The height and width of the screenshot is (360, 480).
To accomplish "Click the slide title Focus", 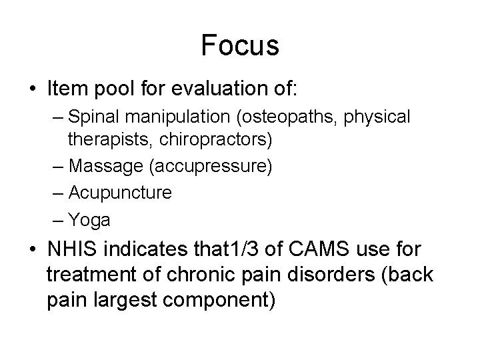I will tap(239, 46).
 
